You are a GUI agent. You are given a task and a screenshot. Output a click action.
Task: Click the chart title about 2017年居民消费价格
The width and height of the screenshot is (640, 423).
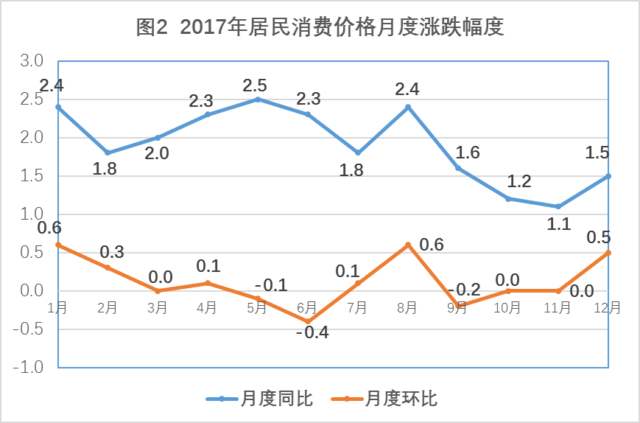[320, 27]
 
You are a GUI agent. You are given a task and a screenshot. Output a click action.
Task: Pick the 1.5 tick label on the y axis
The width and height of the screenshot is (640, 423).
[32, 176]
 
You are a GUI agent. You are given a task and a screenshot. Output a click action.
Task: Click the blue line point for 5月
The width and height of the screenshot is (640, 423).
[258, 99]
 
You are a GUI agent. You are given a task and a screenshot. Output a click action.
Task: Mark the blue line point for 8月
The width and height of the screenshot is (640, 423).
[408, 107]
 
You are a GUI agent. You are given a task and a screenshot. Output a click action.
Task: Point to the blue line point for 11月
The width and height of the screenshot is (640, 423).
[558, 206]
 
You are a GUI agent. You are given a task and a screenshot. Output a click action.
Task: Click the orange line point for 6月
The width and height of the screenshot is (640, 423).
[308, 321]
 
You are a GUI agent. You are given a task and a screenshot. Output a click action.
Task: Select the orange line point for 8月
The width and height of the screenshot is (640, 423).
[408, 245]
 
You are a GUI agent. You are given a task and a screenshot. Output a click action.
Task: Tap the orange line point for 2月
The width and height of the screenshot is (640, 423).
[108, 268]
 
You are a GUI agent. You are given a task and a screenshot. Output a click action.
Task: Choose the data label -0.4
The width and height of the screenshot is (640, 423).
[312, 332]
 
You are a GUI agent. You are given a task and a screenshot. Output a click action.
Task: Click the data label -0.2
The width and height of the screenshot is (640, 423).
[464, 289]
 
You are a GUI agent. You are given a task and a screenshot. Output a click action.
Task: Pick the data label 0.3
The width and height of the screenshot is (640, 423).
[112, 252]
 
